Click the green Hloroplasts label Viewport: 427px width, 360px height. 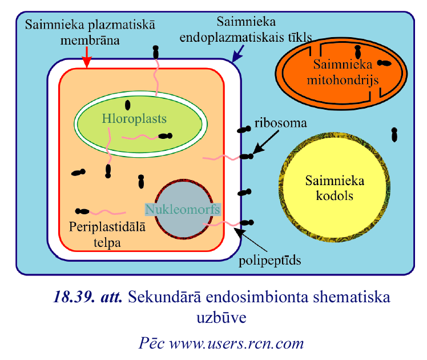[x=134, y=119]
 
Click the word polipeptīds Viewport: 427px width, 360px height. [x=270, y=261]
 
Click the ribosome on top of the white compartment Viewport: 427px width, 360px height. [x=156, y=52]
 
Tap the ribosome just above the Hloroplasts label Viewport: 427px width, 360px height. [x=127, y=105]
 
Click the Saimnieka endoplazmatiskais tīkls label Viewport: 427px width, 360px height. [x=245, y=30]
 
